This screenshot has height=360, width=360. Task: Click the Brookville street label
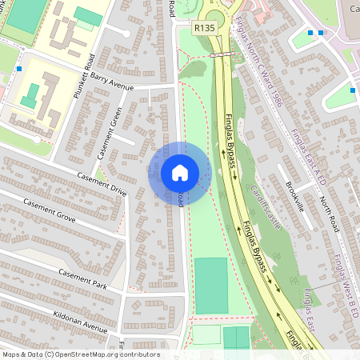click(x=295, y=196)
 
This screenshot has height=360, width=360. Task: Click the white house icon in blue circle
click(x=180, y=172)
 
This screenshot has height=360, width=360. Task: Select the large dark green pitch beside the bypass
click(x=211, y=286)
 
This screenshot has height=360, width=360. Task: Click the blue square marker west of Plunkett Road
click(x=18, y=70)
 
